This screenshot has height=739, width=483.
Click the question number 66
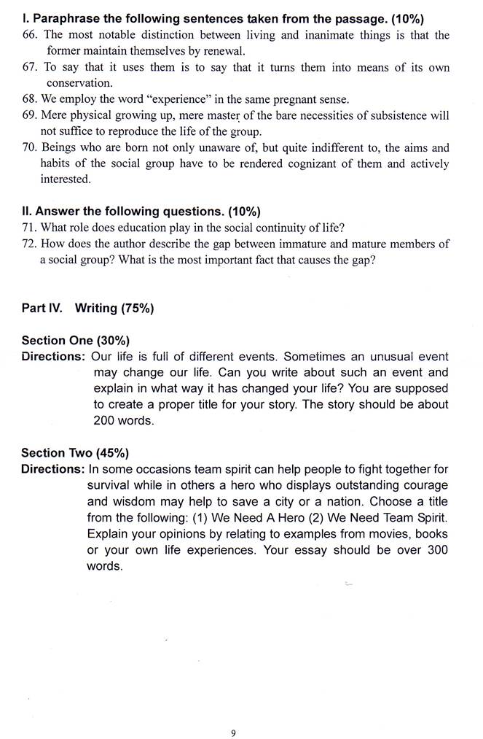[30, 35]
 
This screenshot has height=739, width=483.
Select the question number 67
[30, 67]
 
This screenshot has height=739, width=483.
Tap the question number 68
[30, 99]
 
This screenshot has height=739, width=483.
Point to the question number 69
[30, 115]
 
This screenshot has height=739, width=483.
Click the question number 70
[30, 147]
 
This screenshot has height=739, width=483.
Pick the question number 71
[30, 227]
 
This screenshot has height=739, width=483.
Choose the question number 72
[30, 244]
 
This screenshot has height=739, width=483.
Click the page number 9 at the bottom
[233, 713]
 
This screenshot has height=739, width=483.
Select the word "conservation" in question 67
[79, 83]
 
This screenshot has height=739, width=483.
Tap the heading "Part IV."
[44, 308]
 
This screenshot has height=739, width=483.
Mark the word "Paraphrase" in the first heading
[64, 19]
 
